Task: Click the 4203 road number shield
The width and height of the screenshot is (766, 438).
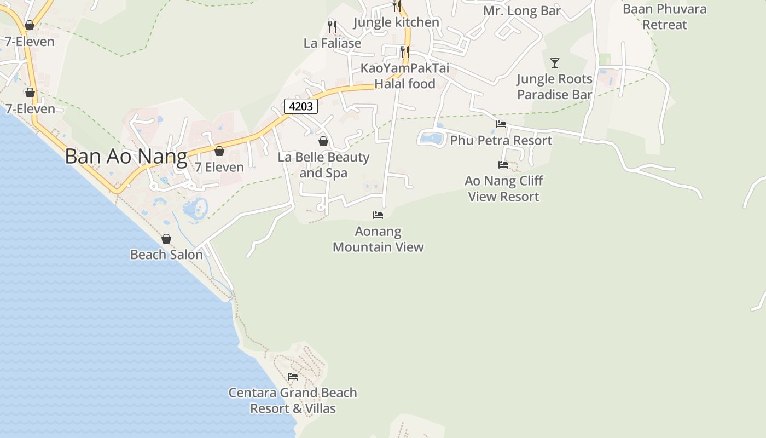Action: coord(301,106)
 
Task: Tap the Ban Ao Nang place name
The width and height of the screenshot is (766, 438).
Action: coord(126,157)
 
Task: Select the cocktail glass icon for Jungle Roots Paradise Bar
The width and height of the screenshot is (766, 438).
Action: coord(555,63)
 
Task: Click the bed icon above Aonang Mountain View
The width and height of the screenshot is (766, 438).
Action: coord(378,215)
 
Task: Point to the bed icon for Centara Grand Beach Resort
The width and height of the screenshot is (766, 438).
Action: coord(293,377)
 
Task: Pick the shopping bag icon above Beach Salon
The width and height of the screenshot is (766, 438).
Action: coord(166,239)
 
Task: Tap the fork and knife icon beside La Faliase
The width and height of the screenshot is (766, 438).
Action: coord(332,26)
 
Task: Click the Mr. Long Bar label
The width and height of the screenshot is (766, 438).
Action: coord(522,11)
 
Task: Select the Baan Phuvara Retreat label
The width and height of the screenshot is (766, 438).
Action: coord(664,17)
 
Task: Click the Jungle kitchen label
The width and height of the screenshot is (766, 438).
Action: coord(397,22)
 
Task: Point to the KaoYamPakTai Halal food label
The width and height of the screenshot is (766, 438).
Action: coord(405,76)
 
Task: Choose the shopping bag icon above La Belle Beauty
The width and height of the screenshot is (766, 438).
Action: coord(323,141)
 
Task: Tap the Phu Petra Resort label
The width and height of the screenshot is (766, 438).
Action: coord(501,141)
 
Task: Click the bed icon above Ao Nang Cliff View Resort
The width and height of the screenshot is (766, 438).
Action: coord(503,164)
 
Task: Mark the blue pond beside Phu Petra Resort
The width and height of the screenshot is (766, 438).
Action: coord(432,138)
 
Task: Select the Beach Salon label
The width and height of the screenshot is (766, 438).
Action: coord(166,255)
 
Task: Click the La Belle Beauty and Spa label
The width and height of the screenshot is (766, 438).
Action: coord(323,165)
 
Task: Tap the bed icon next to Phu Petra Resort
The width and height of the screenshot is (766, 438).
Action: coord(501,124)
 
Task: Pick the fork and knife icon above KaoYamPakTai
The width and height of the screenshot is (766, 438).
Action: coord(404,51)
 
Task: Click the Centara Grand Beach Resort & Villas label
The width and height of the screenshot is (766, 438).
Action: coord(293,401)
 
